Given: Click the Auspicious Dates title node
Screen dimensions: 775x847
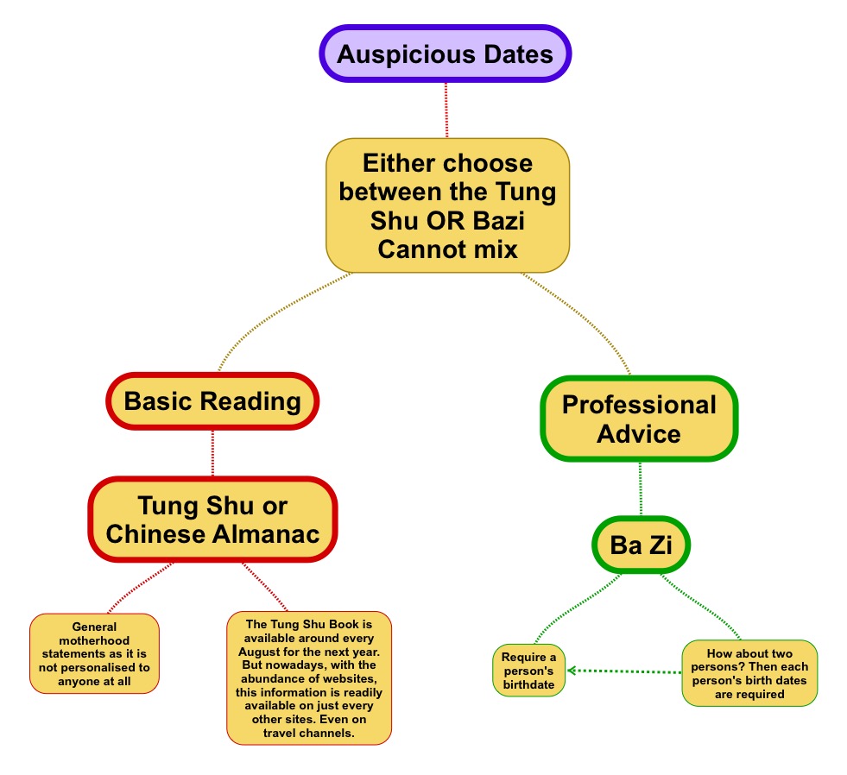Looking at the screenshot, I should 445,54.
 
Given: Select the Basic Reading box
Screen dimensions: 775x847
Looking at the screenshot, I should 212,401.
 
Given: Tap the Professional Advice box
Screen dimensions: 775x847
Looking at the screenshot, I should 639,419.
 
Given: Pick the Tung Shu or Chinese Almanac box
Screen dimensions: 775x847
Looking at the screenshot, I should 212,520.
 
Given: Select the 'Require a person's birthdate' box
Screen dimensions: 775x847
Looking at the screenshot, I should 529,671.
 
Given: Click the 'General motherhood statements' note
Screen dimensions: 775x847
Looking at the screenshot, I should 94,653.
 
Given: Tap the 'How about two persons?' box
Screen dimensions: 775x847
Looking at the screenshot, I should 749,673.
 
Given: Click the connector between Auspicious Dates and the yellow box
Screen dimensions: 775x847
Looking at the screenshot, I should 446,110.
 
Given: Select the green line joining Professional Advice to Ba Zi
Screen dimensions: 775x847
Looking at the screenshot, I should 640,489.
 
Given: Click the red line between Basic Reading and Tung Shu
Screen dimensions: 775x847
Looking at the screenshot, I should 212,452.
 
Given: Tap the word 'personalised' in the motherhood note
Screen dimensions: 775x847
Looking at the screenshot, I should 113,667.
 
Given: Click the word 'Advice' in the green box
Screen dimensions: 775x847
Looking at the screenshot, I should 639,433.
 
